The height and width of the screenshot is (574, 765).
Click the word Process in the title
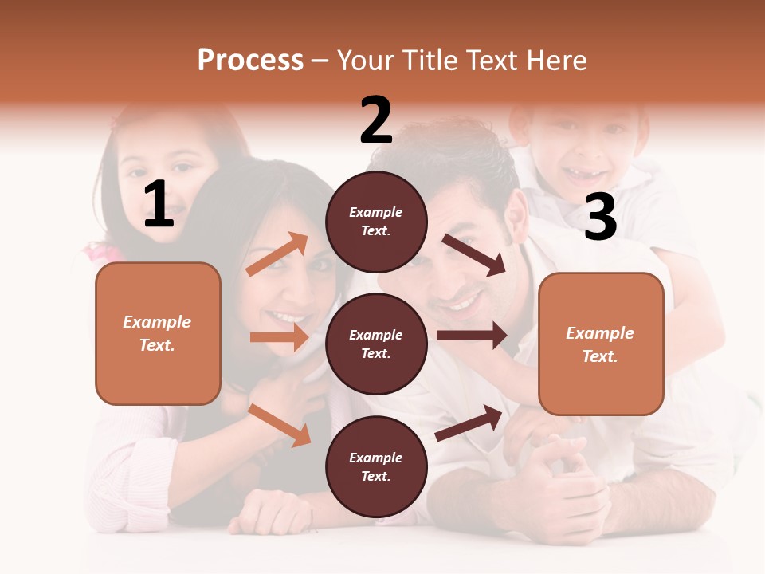(250, 60)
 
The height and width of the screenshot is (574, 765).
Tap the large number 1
(159, 204)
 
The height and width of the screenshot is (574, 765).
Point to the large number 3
(600, 217)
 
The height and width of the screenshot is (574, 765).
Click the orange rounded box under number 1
(158, 333)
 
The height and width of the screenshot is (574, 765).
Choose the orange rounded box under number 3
(601, 344)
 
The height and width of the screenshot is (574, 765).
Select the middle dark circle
(376, 344)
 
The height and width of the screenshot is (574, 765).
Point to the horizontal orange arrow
(279, 337)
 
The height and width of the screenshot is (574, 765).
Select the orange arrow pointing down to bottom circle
(280, 425)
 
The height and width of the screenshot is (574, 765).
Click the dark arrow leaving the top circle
(474, 254)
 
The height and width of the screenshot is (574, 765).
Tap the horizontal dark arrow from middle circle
(472, 336)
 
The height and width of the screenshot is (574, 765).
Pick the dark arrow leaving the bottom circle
(469, 423)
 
